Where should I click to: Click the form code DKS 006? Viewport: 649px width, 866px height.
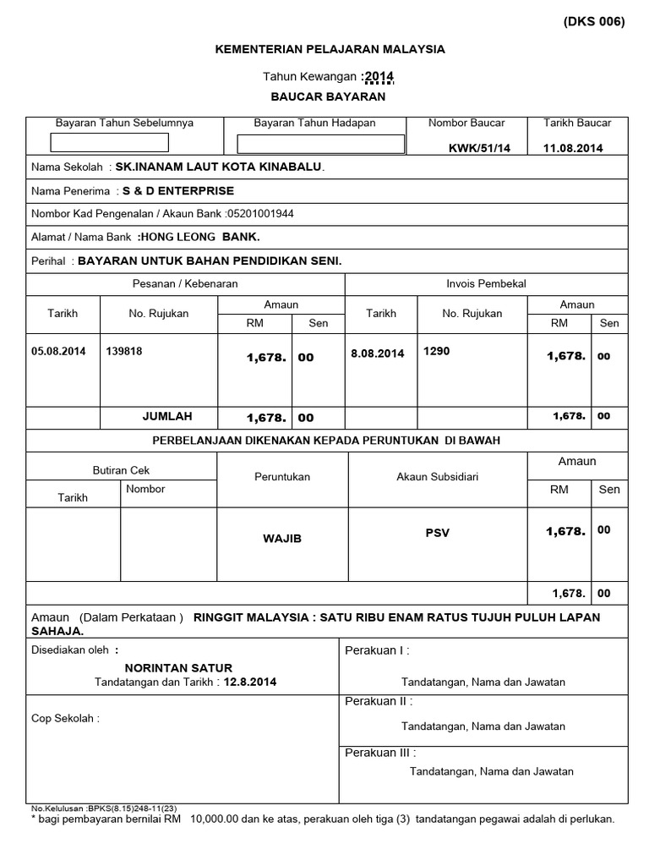point(593,23)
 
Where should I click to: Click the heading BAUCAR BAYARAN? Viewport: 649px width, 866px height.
point(328,96)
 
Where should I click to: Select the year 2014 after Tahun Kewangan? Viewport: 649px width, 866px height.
point(379,78)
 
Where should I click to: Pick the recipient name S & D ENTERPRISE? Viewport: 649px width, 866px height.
point(178,190)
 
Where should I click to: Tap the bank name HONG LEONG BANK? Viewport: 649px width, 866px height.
point(199,238)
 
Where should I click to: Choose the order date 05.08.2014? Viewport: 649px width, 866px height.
point(58,352)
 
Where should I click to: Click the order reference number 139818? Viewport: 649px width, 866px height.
point(124,352)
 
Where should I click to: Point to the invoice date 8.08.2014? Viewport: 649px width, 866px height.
point(377,354)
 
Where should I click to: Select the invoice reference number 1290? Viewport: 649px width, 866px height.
point(437,350)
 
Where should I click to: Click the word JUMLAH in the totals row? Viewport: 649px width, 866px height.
point(167,416)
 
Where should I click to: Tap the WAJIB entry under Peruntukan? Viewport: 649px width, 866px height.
point(282,539)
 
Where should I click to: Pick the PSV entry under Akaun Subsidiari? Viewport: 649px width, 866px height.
point(438,533)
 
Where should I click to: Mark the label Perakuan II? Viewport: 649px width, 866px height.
point(379,701)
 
